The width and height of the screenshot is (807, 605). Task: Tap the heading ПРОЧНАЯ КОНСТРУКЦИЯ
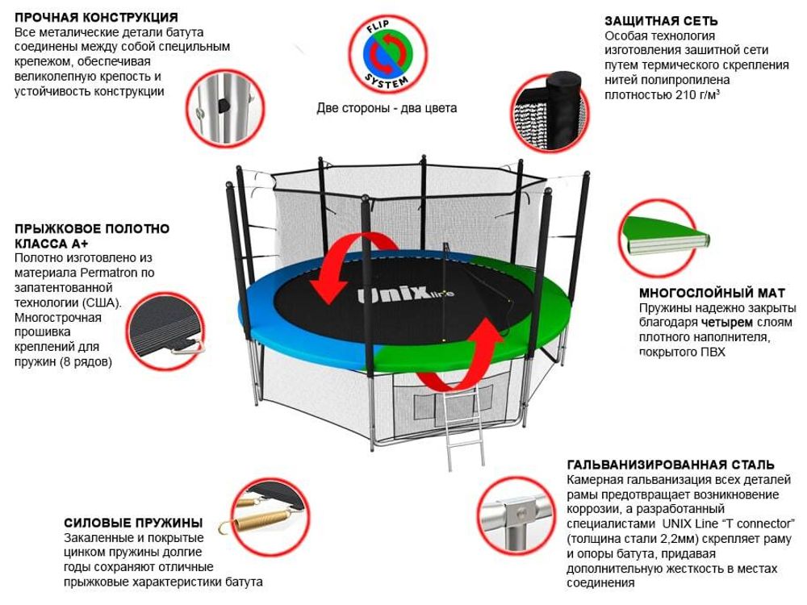click(x=97, y=18)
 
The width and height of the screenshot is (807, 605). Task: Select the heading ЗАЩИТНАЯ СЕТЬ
click(x=661, y=21)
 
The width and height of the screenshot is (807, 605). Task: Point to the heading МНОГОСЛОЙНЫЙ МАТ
click(x=712, y=293)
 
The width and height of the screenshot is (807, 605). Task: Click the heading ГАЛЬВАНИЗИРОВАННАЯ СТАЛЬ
click(x=671, y=465)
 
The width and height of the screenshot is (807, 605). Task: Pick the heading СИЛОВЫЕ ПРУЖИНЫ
click(x=133, y=523)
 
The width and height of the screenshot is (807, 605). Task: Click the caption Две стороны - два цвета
click(x=387, y=108)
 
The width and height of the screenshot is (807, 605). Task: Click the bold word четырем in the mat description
click(x=733, y=323)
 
